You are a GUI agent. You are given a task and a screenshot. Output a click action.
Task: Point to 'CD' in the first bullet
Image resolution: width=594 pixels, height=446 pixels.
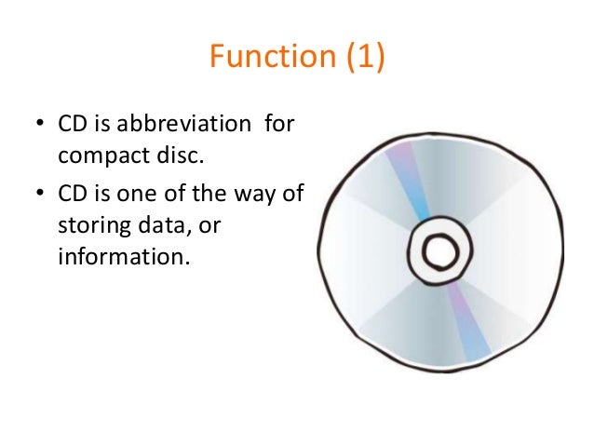73,124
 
